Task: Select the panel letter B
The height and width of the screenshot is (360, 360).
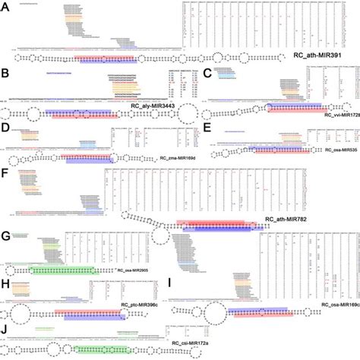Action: (6, 74)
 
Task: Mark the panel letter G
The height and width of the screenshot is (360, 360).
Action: (6, 236)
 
